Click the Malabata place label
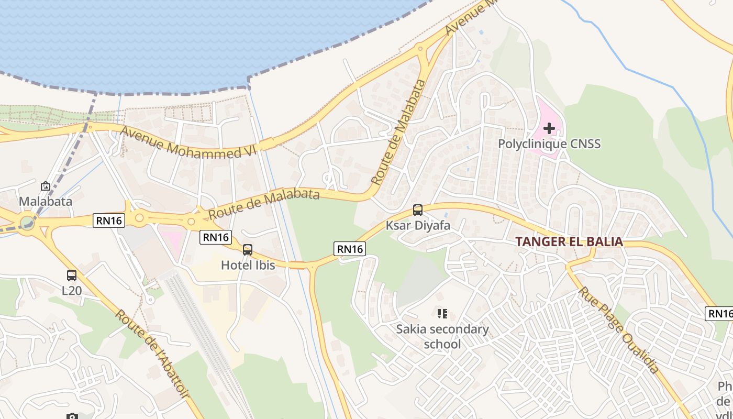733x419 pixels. click(46, 201)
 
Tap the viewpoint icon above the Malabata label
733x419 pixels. click(46, 186)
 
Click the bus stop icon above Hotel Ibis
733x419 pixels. click(248, 250)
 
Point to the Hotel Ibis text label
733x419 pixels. click(248, 265)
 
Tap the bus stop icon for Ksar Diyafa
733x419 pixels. click(418, 210)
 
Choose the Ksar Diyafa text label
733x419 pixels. click(418, 226)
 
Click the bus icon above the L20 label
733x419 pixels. click(72, 275)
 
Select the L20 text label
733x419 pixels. click(72, 290)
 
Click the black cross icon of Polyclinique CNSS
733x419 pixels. click(549, 128)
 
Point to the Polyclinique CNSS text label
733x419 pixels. click(549, 144)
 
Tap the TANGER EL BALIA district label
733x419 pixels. click(569, 241)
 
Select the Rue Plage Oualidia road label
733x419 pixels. click(618, 330)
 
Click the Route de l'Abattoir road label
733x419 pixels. click(151, 354)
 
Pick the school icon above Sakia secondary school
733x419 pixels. click(442, 314)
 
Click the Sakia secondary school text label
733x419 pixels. click(442, 337)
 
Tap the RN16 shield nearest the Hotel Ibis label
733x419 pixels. click(216, 238)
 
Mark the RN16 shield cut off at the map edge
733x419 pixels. click(720, 314)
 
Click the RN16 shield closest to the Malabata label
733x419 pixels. click(108, 220)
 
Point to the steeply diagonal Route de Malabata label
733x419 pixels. click(398, 132)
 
